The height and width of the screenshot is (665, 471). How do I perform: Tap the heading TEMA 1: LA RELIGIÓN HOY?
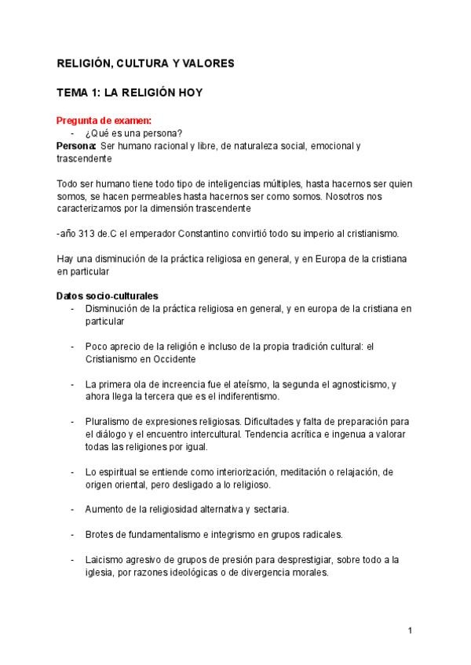click(130, 93)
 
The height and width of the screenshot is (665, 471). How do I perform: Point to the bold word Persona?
click(76, 146)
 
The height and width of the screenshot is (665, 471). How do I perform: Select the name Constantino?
click(202, 234)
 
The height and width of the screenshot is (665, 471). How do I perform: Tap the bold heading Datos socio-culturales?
click(107, 296)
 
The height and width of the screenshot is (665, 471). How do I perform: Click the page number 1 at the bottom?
click(410, 630)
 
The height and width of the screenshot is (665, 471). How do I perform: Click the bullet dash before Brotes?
click(72, 535)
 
